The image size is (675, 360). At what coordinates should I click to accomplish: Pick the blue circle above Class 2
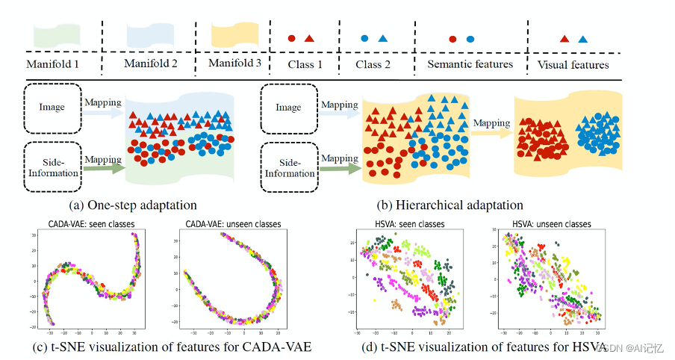tap(364, 37)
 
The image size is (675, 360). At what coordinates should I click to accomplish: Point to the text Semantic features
tap(470, 64)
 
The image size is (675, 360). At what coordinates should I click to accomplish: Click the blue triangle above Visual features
tap(582, 38)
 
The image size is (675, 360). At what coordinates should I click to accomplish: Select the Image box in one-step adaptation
tap(52, 107)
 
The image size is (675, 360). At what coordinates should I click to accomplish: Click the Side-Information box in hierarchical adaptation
tap(289, 167)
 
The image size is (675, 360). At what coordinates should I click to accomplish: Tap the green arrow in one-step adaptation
tap(102, 169)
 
